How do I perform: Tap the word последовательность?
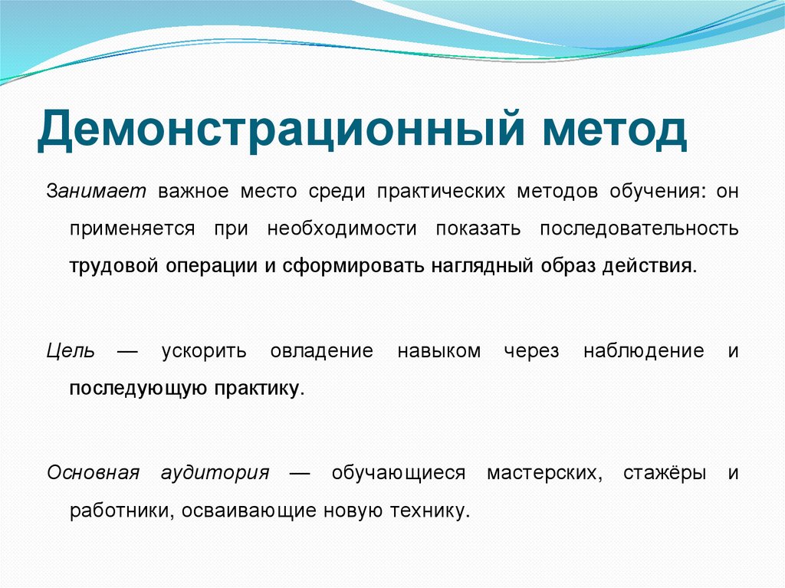click(x=639, y=228)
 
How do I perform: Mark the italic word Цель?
click(x=71, y=351)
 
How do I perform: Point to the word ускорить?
click(x=204, y=351)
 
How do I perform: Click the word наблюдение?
click(x=643, y=351)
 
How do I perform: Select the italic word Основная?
click(x=93, y=472)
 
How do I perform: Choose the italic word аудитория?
click(x=215, y=472)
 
